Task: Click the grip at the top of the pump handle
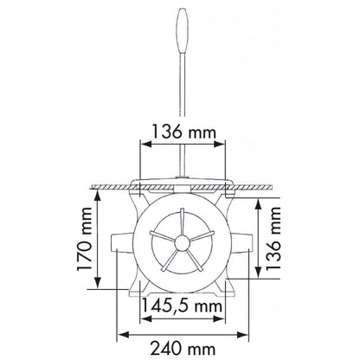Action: (183, 30)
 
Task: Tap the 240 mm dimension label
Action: (183, 349)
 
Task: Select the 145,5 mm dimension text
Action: (183, 305)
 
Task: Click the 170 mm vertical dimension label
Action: (85, 239)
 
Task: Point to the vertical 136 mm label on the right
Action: (273, 239)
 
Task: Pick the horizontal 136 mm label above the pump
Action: (183, 132)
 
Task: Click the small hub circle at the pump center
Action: (182, 243)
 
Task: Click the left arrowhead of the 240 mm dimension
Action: (124, 335)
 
